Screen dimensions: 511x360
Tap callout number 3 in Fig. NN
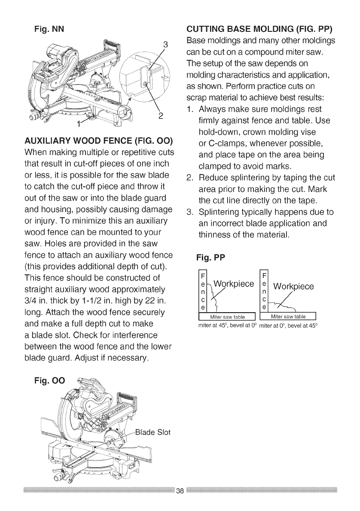(x=165, y=43)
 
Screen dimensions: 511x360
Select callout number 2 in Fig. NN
(x=160, y=115)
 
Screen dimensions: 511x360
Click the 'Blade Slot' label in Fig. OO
(x=153, y=432)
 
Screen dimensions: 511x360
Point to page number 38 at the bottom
(x=180, y=491)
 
